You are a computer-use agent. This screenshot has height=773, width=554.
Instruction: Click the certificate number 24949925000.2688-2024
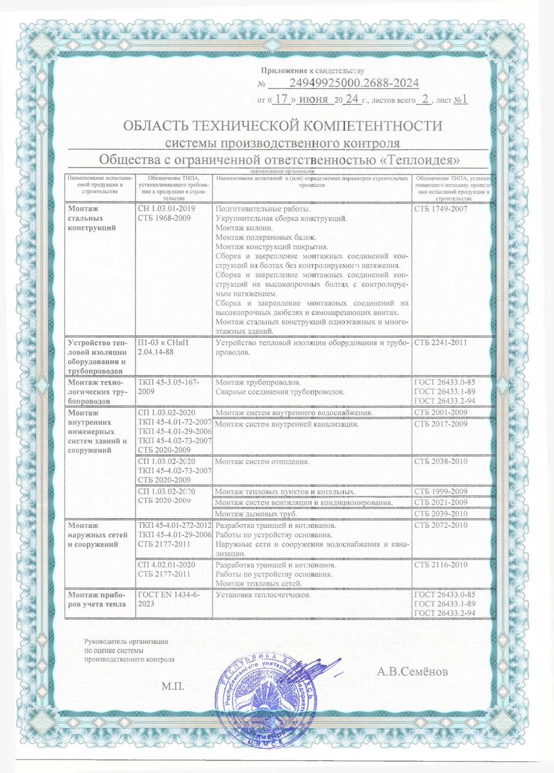click(x=354, y=83)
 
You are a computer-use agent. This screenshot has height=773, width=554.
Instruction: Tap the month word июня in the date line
click(x=313, y=99)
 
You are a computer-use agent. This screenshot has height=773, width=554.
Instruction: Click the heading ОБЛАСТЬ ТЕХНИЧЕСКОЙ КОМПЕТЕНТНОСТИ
click(x=282, y=126)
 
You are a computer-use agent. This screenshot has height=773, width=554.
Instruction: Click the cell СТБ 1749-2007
click(x=441, y=209)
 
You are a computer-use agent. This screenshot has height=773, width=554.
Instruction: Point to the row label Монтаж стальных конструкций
click(x=92, y=218)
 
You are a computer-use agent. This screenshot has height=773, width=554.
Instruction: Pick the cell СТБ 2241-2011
click(x=441, y=343)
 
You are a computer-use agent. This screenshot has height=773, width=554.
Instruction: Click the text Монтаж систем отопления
click(x=262, y=461)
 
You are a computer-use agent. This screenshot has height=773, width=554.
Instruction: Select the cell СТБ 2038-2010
click(x=441, y=461)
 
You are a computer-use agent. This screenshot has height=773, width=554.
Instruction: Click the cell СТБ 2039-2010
click(x=441, y=514)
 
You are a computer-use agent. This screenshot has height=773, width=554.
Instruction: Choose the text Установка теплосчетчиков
click(x=263, y=594)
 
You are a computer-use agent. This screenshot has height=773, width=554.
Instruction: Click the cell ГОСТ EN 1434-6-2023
click(x=169, y=599)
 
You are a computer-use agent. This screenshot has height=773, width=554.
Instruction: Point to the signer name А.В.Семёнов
click(x=412, y=672)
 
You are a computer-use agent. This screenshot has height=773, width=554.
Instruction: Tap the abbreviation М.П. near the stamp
click(x=173, y=686)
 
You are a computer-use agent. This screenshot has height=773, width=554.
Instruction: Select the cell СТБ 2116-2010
click(x=441, y=565)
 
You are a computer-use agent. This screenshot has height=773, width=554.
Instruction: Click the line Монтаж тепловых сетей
click(x=259, y=583)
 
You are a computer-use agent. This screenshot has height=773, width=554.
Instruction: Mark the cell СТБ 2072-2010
click(x=441, y=525)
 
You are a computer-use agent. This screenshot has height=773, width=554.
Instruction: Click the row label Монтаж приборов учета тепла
click(x=97, y=599)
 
